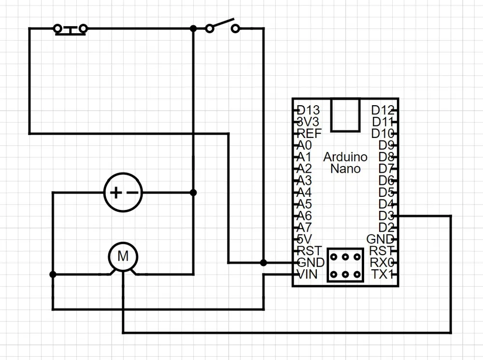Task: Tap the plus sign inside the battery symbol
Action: [116, 193]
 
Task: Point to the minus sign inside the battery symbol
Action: [132, 193]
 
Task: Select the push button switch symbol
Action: [70, 29]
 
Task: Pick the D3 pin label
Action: [386, 216]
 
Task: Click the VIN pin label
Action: [307, 274]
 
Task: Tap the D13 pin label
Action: [308, 110]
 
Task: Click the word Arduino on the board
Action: [345, 157]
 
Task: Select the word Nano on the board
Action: [345, 168]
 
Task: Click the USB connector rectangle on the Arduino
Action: [345, 115]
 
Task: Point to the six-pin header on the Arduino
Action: [345, 265]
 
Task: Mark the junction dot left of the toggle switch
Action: [193, 28]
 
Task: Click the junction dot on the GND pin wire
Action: [263, 263]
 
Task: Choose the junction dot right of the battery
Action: [193, 193]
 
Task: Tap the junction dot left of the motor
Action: [53, 274]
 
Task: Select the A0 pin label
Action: [304, 145]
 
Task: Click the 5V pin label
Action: [304, 239]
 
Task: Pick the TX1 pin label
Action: [383, 274]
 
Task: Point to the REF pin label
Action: [309, 133]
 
